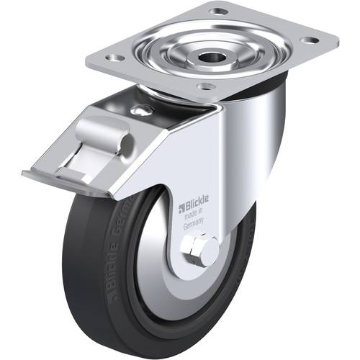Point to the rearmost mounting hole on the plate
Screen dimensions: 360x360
215,11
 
